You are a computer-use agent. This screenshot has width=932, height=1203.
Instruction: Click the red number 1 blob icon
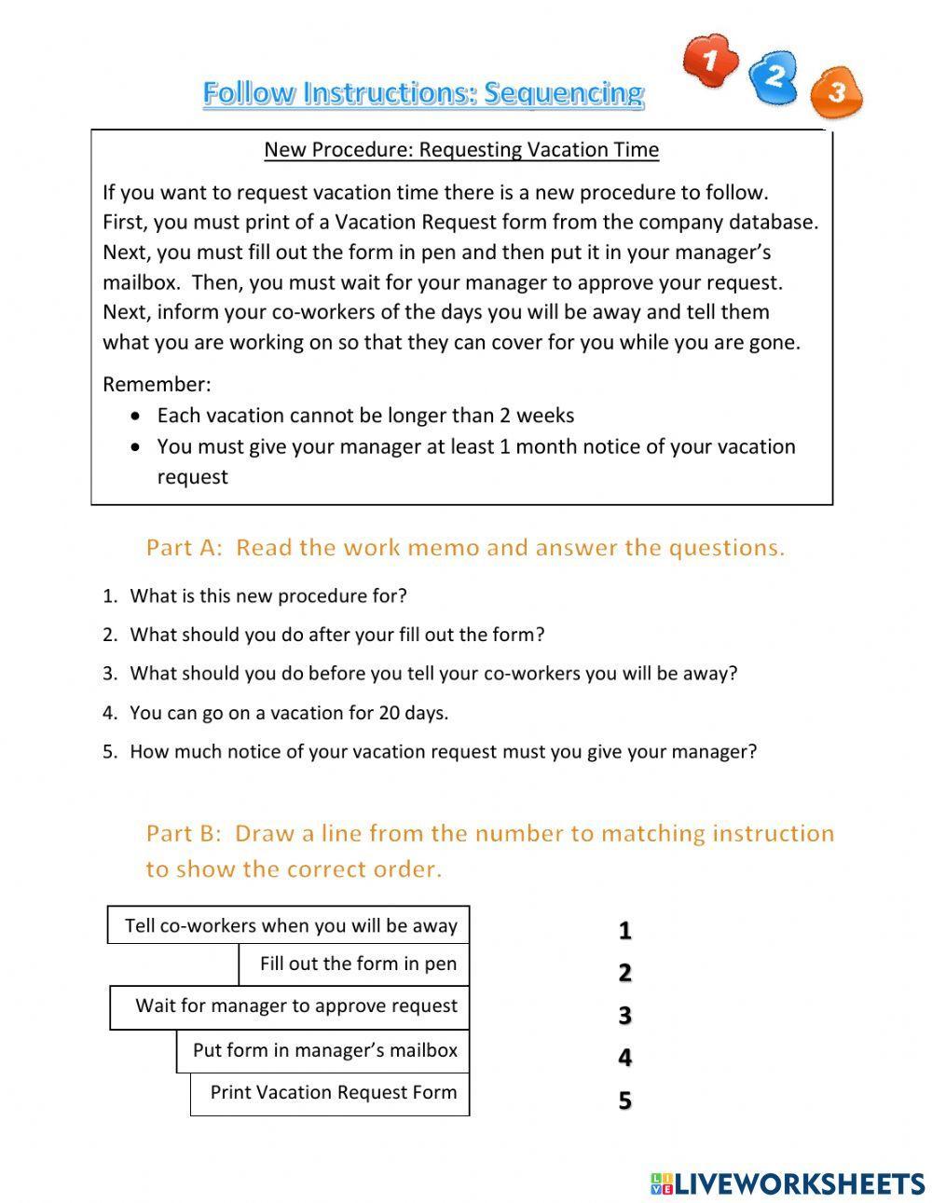tap(710, 60)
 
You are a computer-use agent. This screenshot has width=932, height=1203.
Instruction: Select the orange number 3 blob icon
tap(836, 92)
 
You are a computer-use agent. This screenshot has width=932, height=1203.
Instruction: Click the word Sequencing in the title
tap(564, 93)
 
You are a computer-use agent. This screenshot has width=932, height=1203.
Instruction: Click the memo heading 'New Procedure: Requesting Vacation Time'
tap(461, 149)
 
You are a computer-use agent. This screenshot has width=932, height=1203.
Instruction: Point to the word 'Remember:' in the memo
tap(157, 384)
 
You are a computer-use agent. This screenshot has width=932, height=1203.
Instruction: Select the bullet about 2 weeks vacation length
tap(365, 416)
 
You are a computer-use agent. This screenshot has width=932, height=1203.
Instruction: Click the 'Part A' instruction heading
tap(465, 547)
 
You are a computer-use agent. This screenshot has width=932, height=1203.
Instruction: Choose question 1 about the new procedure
tap(267, 595)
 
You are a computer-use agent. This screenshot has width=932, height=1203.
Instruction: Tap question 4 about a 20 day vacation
tap(288, 713)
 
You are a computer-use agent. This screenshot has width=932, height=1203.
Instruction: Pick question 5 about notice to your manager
tap(443, 752)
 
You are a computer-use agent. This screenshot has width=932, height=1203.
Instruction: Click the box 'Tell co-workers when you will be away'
tap(290, 925)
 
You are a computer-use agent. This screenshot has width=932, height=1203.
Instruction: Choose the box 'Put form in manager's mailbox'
tap(324, 1050)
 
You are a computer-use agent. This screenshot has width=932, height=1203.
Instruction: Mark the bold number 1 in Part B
tap(624, 930)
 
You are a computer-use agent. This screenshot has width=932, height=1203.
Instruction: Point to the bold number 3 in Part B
tap(624, 1016)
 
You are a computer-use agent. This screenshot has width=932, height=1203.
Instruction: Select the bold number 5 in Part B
tap(624, 1100)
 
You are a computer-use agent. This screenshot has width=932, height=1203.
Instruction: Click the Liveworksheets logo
tap(787, 1183)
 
